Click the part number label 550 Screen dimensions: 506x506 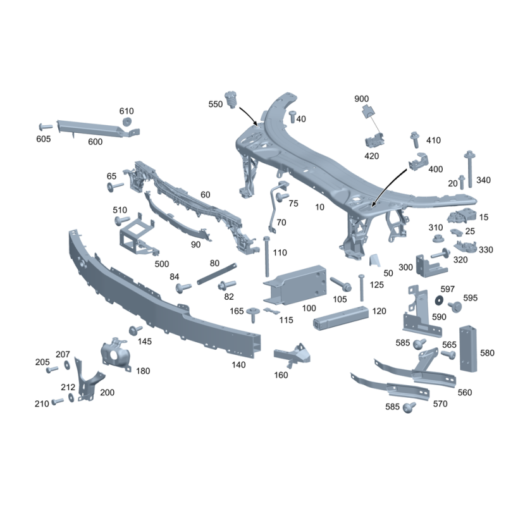[216, 104]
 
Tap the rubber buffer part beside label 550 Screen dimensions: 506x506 [231, 98]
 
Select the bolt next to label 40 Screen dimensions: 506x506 [292, 117]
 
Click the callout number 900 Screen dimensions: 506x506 [361, 99]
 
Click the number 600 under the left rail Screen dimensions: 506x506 [95, 142]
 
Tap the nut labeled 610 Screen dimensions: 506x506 [127, 122]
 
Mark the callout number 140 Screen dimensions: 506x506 [238, 365]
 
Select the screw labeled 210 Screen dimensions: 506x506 [57, 401]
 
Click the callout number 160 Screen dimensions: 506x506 [281, 375]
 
